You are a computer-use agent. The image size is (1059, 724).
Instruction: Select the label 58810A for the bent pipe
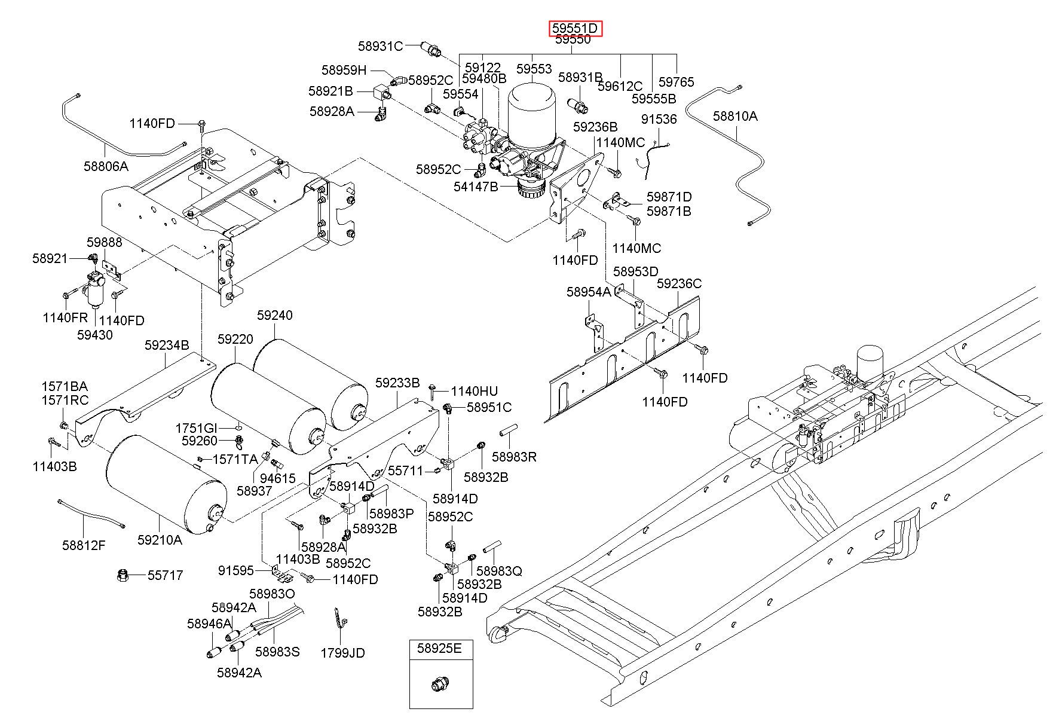point(735,116)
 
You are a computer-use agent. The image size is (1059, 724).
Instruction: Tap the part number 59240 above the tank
point(275,315)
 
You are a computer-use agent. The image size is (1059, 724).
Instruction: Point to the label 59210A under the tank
point(160,539)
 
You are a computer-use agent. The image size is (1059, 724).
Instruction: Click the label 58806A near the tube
point(106,166)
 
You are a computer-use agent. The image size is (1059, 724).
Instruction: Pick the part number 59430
point(94,335)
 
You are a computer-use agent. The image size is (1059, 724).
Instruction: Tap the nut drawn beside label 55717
point(123,576)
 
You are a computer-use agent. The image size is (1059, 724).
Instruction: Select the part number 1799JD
point(342,653)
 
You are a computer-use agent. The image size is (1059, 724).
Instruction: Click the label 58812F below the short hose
point(84,545)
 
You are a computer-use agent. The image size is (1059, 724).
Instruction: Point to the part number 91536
point(659,119)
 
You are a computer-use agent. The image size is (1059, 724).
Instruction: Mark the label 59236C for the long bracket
point(680,283)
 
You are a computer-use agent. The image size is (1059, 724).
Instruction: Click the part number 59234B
point(167,345)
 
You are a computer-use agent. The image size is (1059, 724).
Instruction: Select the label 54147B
point(476,187)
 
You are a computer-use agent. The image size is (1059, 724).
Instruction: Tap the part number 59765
point(677,81)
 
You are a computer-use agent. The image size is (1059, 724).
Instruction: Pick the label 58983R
point(514,457)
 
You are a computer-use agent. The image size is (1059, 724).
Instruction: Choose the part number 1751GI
point(196,428)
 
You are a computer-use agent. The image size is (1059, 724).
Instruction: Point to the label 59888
point(105,242)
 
